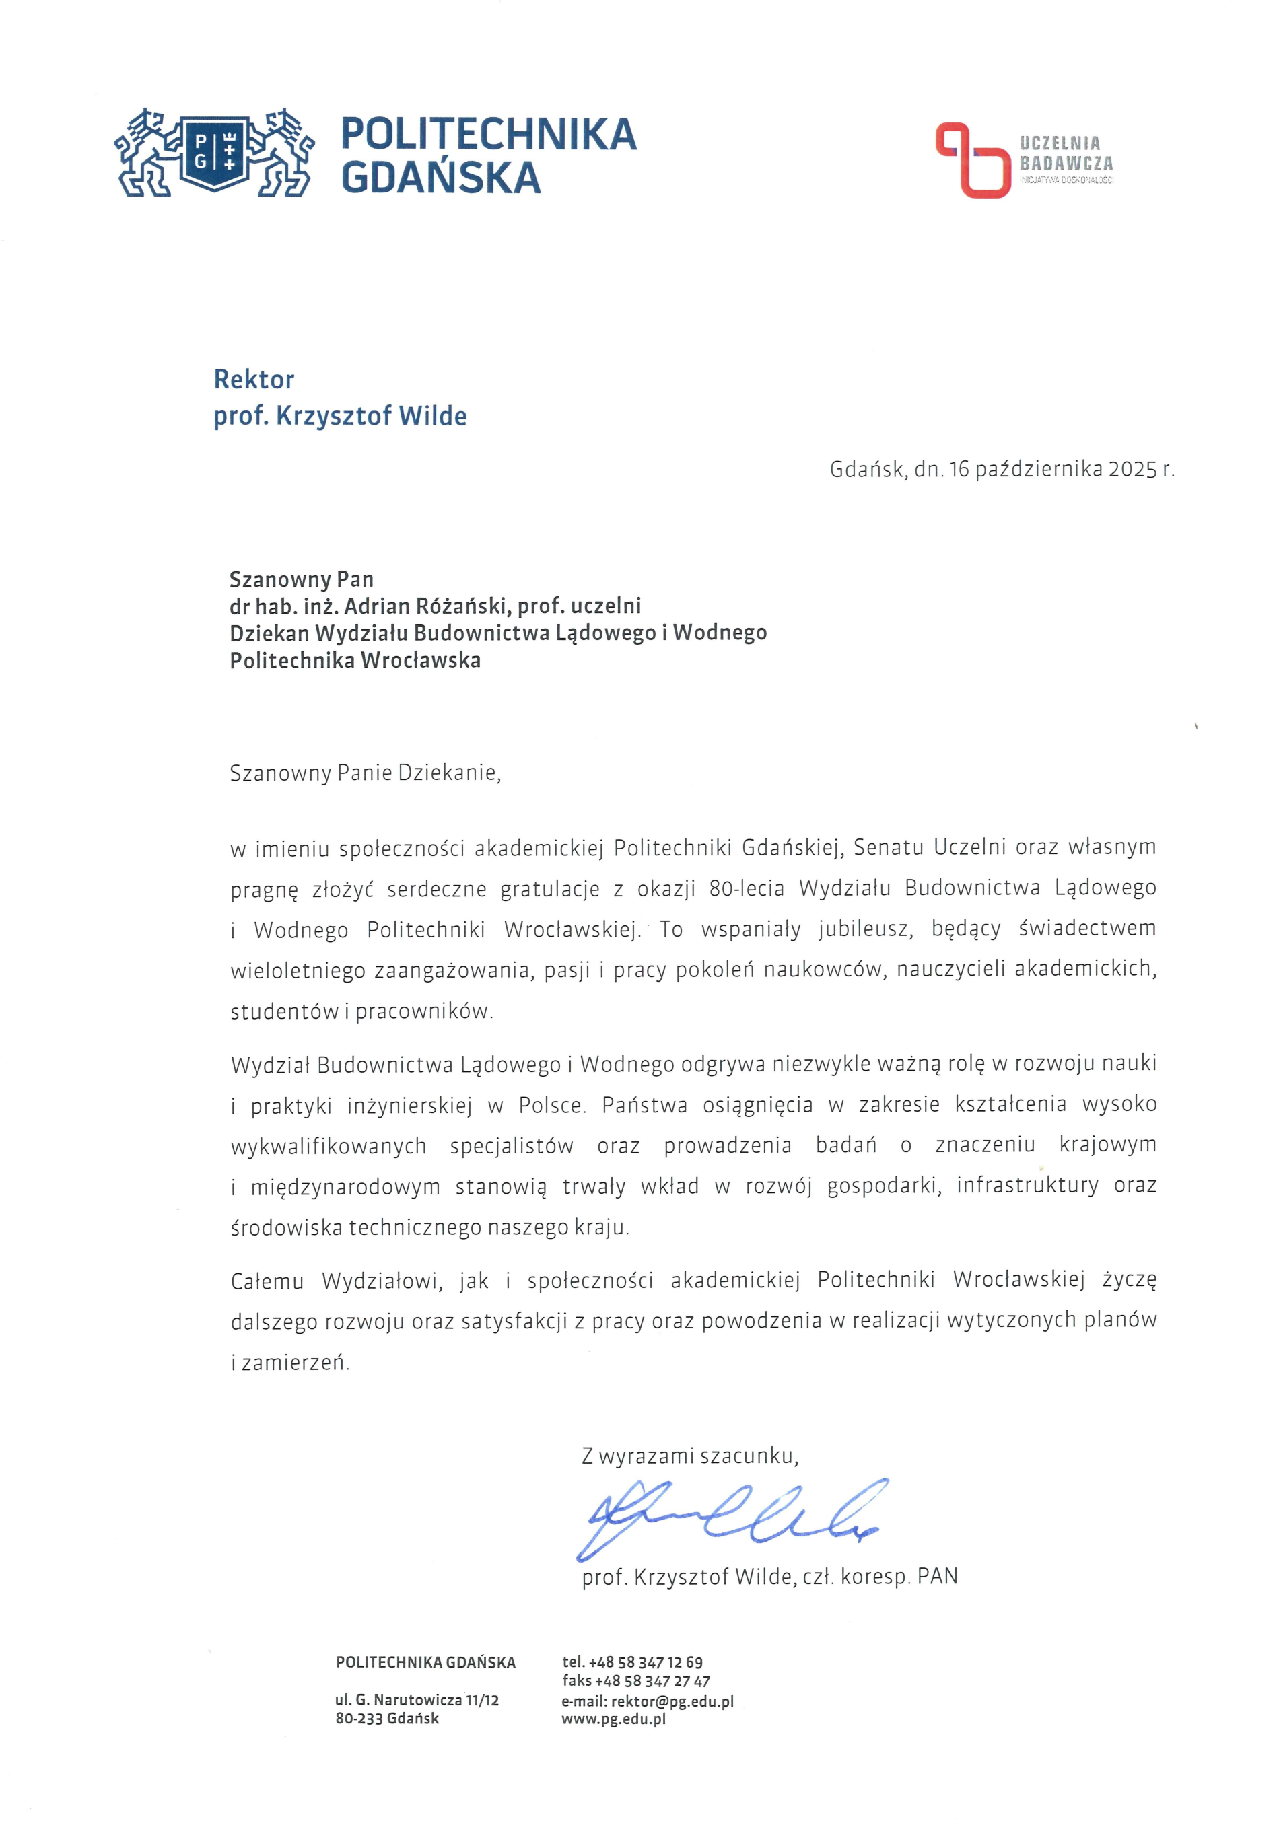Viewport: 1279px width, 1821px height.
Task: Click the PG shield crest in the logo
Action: click(214, 153)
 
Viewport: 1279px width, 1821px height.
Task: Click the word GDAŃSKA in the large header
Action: click(440, 178)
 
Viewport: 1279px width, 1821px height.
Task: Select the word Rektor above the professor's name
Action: click(254, 380)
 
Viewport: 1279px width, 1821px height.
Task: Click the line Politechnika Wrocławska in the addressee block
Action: click(355, 660)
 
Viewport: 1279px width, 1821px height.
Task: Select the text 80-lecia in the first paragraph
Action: click(747, 888)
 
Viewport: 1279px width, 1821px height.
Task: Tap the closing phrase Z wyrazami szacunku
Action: click(689, 1456)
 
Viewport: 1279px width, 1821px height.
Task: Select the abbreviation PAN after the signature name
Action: click(937, 1577)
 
